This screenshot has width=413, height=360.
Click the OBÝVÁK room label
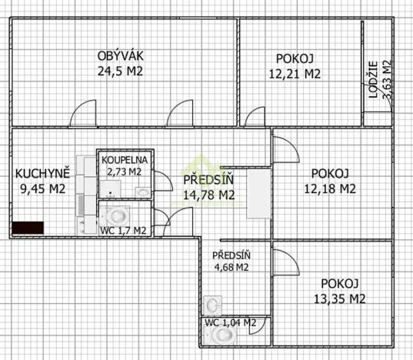click(x=122, y=55)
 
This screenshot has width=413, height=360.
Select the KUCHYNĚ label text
click(x=43, y=173)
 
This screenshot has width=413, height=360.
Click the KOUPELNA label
click(x=124, y=159)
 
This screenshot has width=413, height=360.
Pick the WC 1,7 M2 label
click(x=123, y=230)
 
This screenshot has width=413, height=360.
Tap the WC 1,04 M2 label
click(x=229, y=323)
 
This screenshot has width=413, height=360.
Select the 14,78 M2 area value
click(x=209, y=195)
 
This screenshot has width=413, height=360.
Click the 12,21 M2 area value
click(x=294, y=75)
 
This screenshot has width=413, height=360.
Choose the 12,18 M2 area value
click(x=330, y=188)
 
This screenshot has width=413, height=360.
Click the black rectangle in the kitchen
click(x=28, y=228)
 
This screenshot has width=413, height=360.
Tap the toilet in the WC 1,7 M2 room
click(x=118, y=213)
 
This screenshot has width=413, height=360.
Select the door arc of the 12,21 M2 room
click(x=254, y=117)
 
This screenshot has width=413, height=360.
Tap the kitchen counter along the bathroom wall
click(x=86, y=192)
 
